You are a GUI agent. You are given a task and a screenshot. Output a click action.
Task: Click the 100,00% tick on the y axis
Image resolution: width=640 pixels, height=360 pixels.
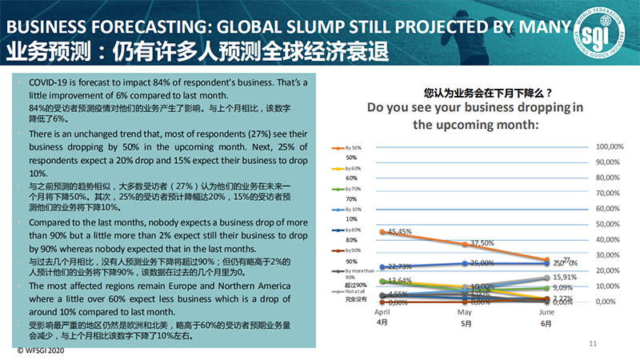(610, 146)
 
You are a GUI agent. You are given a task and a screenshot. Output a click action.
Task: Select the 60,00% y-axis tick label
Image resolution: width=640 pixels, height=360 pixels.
(610, 209)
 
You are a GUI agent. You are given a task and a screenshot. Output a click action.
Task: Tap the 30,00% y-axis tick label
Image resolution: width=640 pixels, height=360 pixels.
(610, 255)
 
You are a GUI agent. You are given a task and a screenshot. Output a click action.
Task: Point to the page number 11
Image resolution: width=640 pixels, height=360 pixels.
(593, 343)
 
